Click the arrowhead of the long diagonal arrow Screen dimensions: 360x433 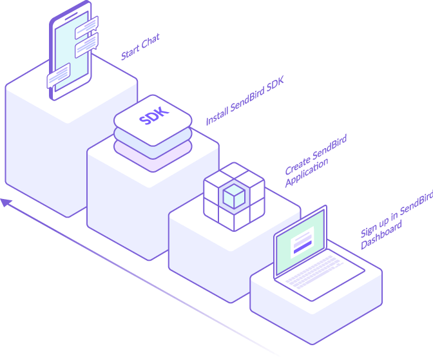click(x=6, y=203)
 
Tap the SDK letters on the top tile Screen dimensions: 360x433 click(x=153, y=116)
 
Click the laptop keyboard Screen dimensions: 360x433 click(x=319, y=271)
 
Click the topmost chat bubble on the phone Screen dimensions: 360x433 click(x=86, y=26)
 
